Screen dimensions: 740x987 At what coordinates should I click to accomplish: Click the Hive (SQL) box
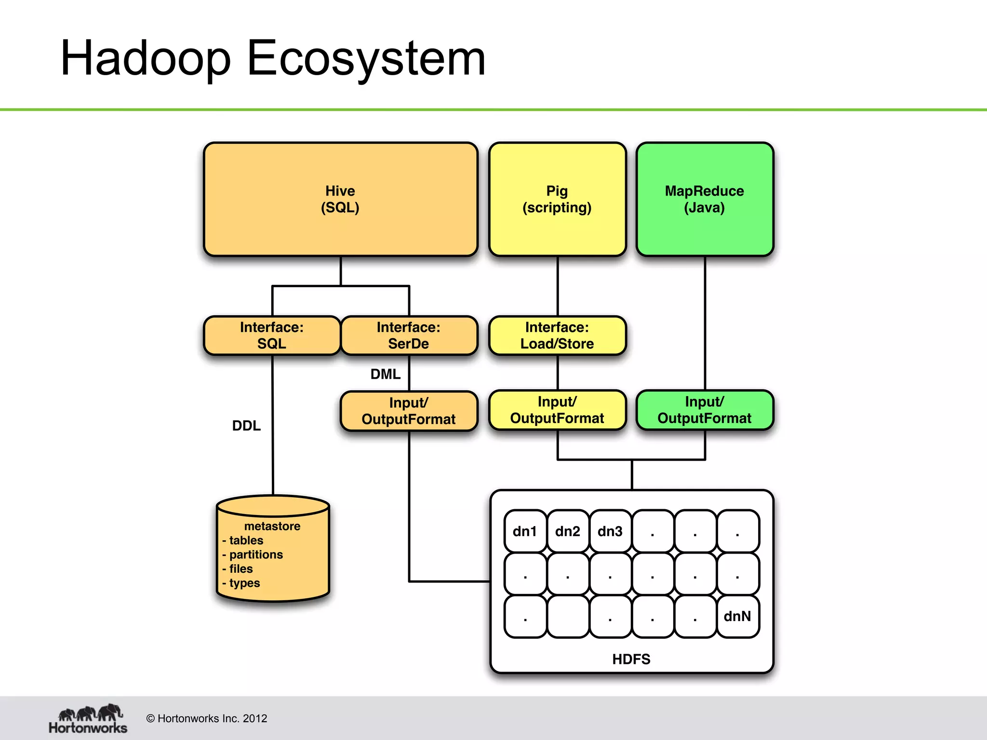point(340,199)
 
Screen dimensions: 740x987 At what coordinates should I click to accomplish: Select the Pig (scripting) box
point(557,199)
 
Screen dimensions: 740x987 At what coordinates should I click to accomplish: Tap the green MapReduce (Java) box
point(704,199)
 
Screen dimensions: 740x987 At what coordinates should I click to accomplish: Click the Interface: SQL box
point(272,335)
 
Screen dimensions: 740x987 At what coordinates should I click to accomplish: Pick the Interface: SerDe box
point(409,335)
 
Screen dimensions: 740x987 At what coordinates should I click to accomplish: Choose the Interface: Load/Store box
point(557,335)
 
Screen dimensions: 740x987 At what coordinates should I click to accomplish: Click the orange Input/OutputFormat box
point(409,411)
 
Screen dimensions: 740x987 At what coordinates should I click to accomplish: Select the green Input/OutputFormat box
point(704,410)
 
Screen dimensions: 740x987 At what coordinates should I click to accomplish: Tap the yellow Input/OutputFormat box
point(557,410)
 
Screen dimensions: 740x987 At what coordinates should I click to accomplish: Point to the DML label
point(385,374)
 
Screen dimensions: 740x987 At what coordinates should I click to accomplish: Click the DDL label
point(246,425)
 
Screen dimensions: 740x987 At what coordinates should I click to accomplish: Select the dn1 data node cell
point(525,531)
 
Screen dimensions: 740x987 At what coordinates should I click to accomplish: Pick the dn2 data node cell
point(567,531)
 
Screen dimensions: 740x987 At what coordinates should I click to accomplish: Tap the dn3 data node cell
point(610,531)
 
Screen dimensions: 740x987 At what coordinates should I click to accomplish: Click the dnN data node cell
point(737,616)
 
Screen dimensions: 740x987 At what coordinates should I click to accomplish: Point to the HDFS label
point(631,659)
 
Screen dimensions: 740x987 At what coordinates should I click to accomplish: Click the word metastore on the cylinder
point(272,526)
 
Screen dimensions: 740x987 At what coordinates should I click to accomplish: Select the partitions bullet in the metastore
point(255,555)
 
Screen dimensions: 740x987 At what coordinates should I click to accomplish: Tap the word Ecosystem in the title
point(366,59)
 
